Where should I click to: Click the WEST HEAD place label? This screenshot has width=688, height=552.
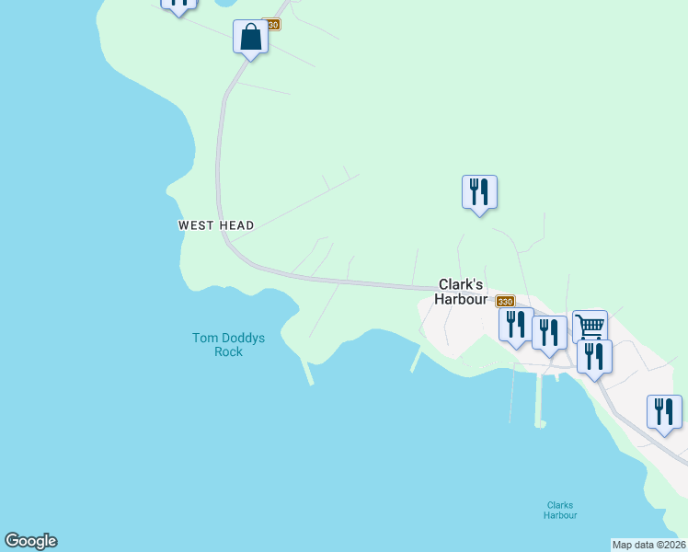pos(215,225)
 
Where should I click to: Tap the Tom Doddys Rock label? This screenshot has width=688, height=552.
pos(228,344)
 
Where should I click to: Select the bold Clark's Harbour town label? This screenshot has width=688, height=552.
pos(460,292)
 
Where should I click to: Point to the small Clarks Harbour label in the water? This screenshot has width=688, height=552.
pos(559,510)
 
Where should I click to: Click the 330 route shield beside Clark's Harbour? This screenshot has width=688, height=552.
pos(505,301)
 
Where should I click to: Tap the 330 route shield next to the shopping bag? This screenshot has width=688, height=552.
pos(270,24)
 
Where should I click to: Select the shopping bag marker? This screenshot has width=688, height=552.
pos(250,38)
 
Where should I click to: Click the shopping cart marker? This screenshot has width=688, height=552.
pos(590,326)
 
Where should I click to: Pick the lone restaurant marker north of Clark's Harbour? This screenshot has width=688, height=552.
pos(478,192)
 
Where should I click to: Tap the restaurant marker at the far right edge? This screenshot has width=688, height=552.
pos(664,412)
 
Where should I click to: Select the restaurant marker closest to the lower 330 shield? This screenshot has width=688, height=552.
pos(516,325)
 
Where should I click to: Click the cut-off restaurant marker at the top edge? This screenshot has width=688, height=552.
pos(178,4)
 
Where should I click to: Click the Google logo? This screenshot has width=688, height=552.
pos(30,541)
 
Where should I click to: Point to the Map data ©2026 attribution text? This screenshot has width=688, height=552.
pos(648,545)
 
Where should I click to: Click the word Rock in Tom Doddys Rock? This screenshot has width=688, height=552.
pos(228,351)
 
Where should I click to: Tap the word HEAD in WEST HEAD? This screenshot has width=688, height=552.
pos(235,225)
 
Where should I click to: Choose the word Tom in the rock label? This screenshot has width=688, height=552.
pos(203,338)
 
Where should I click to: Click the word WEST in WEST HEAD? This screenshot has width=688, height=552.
pos(196,225)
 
